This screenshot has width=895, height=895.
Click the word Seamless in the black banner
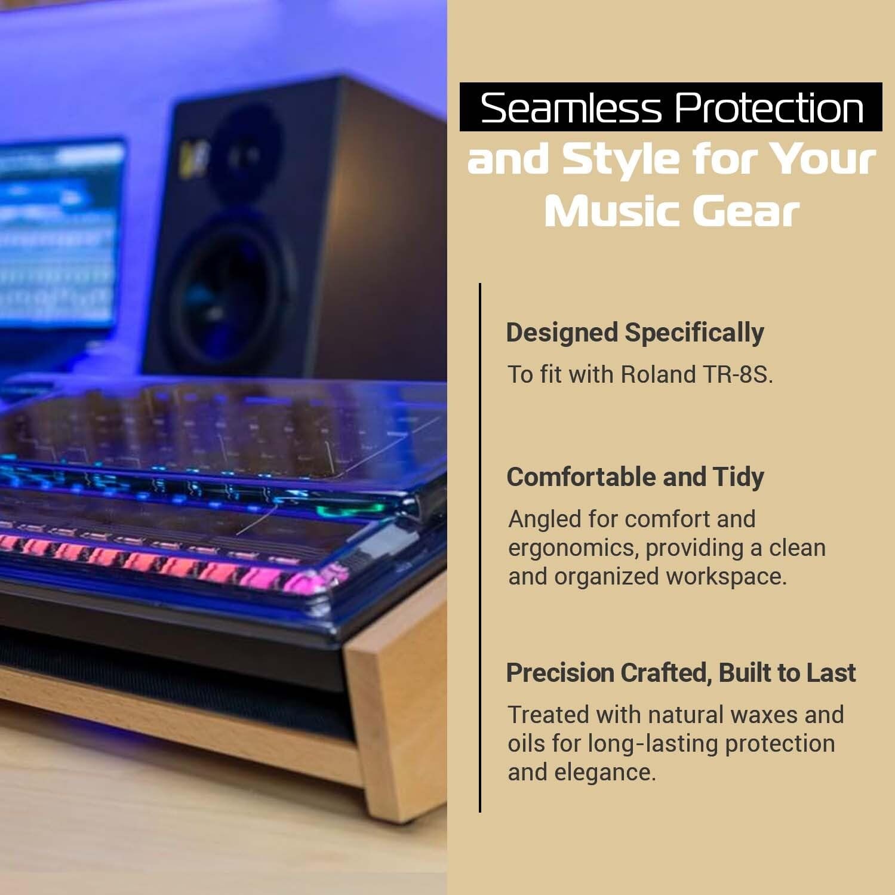coord(571,108)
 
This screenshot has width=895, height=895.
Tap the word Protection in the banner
coord(770,108)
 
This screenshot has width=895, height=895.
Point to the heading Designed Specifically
coord(635,333)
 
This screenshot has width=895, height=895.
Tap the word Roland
coord(657,374)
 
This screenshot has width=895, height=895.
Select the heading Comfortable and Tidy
coord(635,477)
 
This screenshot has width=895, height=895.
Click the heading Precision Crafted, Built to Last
coord(680,673)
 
